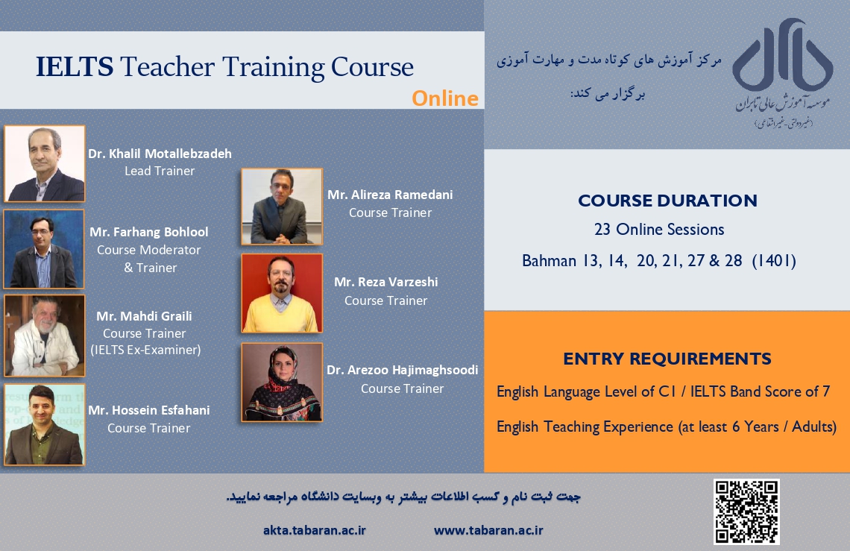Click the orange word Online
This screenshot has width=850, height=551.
pos(445,98)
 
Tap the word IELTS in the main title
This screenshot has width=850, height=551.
pos(75,66)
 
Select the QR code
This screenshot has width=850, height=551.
pos(746,511)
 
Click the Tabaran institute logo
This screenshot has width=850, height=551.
pos(782,73)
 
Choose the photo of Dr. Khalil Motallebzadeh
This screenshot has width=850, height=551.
pos(45,164)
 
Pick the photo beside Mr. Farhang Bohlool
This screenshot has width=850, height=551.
pos(44,249)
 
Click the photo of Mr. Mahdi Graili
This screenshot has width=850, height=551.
pos(45,336)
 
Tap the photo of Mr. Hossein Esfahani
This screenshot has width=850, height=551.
pos(45,425)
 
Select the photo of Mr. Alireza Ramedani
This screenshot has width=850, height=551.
pos(282,207)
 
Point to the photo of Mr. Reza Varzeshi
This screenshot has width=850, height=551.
pos(282,293)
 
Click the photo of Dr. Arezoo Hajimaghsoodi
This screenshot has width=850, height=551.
pos(282,382)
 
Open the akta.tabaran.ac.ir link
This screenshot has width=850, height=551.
pos(315,530)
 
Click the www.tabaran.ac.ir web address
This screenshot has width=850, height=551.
pos(488,530)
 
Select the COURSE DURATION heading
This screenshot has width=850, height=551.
pos(667,201)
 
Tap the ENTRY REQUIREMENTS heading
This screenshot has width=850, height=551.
pos(667,359)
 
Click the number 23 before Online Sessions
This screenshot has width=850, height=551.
pos(602,230)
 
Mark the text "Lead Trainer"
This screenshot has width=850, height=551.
pos(160,171)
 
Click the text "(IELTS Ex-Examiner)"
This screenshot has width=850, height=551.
pos(146,350)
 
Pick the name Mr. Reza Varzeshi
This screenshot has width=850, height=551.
pos(386,282)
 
